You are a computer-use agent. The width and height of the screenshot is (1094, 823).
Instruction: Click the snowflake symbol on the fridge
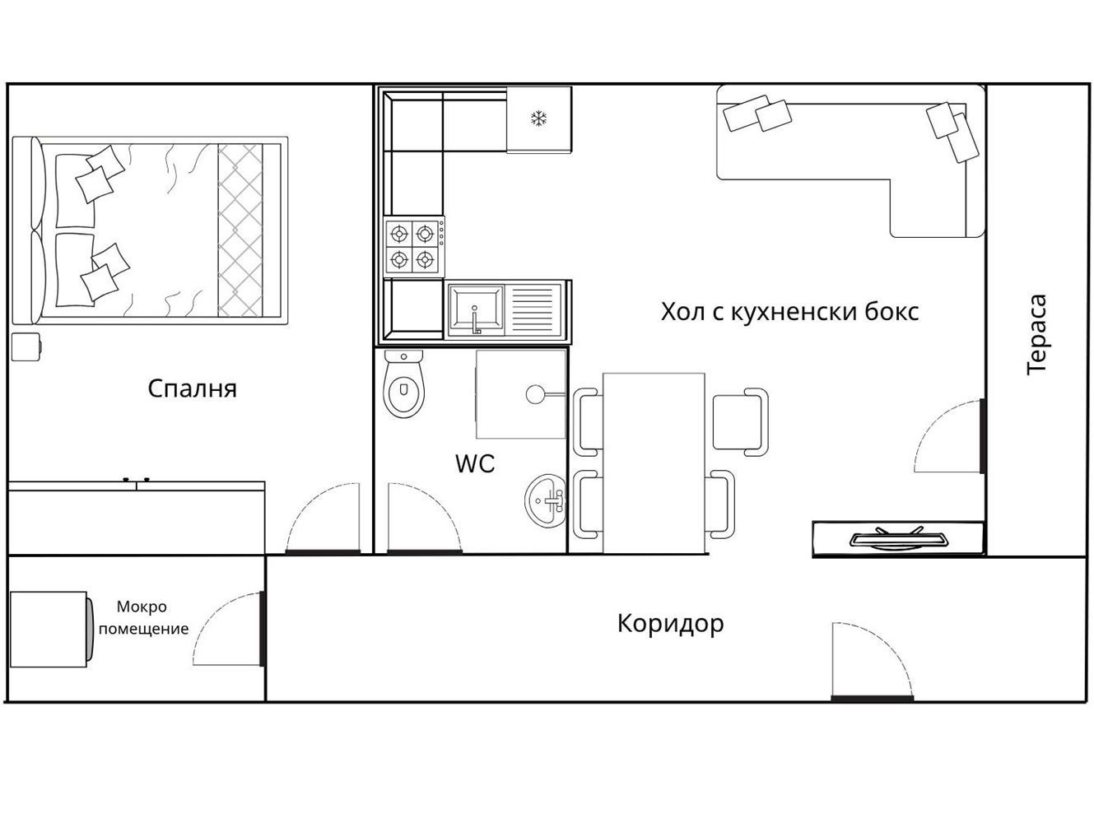click(x=538, y=119)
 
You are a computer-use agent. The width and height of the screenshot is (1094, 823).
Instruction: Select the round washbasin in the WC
click(x=546, y=500)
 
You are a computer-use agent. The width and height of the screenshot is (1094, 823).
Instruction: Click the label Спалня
click(x=192, y=388)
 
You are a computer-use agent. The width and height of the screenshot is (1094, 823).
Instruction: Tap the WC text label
click(x=475, y=463)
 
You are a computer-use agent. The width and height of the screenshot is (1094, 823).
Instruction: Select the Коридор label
click(x=670, y=623)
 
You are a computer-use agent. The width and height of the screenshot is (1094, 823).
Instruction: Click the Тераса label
click(x=1037, y=334)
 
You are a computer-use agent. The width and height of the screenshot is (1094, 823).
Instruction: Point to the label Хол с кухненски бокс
click(x=789, y=312)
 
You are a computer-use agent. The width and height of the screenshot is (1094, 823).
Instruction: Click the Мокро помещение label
click(x=142, y=618)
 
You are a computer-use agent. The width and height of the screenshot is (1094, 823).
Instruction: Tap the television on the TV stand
click(x=898, y=540)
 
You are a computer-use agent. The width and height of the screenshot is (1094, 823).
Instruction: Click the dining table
click(x=654, y=463)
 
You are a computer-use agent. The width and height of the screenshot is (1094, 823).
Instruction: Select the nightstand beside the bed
click(x=26, y=346)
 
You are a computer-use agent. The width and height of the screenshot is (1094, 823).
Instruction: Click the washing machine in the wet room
click(x=49, y=629)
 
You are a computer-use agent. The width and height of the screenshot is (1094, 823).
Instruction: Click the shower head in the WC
click(x=536, y=393)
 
